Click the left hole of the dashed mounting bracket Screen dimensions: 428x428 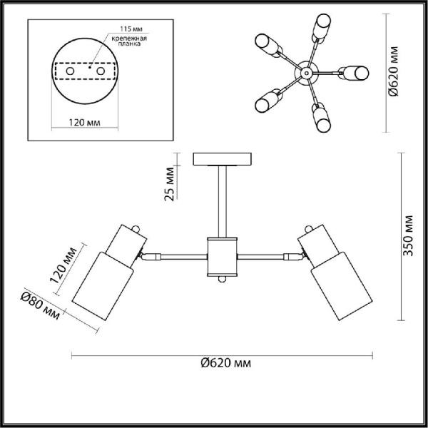click(x=69, y=72)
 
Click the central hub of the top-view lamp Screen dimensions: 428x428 click(x=305, y=73)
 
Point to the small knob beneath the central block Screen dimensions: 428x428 click(x=222, y=279)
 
